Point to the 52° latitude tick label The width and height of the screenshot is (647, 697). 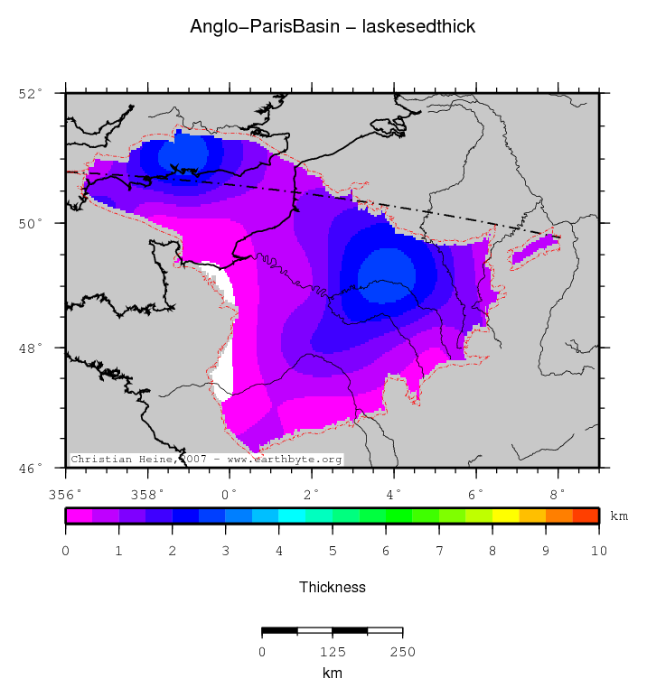point(31,93)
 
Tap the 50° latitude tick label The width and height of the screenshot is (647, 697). point(31,223)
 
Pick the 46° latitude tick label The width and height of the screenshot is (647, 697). point(31,468)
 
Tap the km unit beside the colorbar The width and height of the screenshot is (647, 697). point(619,516)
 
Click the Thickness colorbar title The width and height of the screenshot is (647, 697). point(333,587)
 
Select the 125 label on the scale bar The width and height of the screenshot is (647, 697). point(333,652)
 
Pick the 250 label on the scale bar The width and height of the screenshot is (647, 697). point(402,652)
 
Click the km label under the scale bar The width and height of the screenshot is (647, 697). point(333,674)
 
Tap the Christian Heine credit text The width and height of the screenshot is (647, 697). point(207,460)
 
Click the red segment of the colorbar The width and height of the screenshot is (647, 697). point(586,516)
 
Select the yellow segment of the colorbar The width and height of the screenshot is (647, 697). point(505,516)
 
